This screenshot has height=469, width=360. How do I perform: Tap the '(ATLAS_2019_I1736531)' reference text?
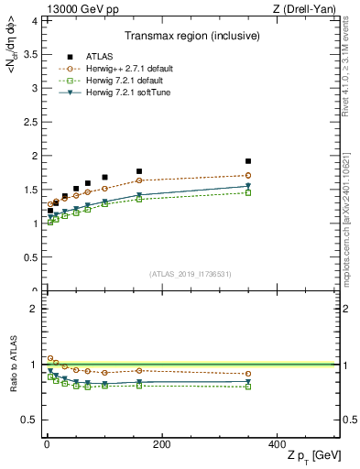[189, 274]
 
